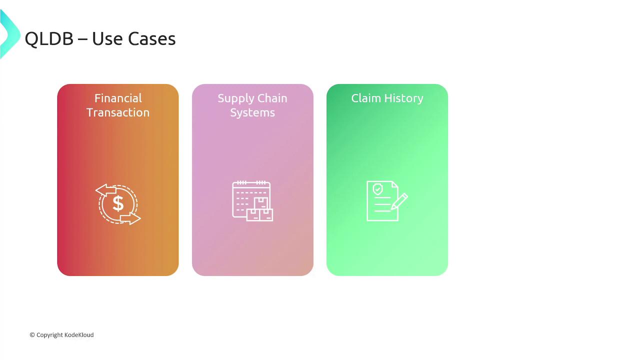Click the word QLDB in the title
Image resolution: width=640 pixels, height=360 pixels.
point(49,39)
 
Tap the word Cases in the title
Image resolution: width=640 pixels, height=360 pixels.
point(151,39)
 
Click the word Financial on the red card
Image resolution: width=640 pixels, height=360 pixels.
point(118,98)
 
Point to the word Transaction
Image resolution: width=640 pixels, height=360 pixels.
point(118,112)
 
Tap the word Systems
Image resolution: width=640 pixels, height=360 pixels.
point(252,113)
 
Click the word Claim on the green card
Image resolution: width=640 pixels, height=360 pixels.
point(366,98)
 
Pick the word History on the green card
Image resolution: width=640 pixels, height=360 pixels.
point(403,99)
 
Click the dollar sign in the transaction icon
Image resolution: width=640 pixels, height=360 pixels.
point(118,203)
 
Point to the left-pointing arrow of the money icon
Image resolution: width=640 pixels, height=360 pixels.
point(106,189)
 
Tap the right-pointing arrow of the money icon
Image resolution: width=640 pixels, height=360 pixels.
point(130,218)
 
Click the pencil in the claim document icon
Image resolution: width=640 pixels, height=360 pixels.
point(399,201)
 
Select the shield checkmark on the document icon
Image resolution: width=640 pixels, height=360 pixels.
point(377,189)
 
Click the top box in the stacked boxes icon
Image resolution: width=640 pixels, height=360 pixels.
point(261,203)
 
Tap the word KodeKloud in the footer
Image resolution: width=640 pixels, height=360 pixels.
point(79,335)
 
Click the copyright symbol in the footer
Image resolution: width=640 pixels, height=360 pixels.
point(32,335)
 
